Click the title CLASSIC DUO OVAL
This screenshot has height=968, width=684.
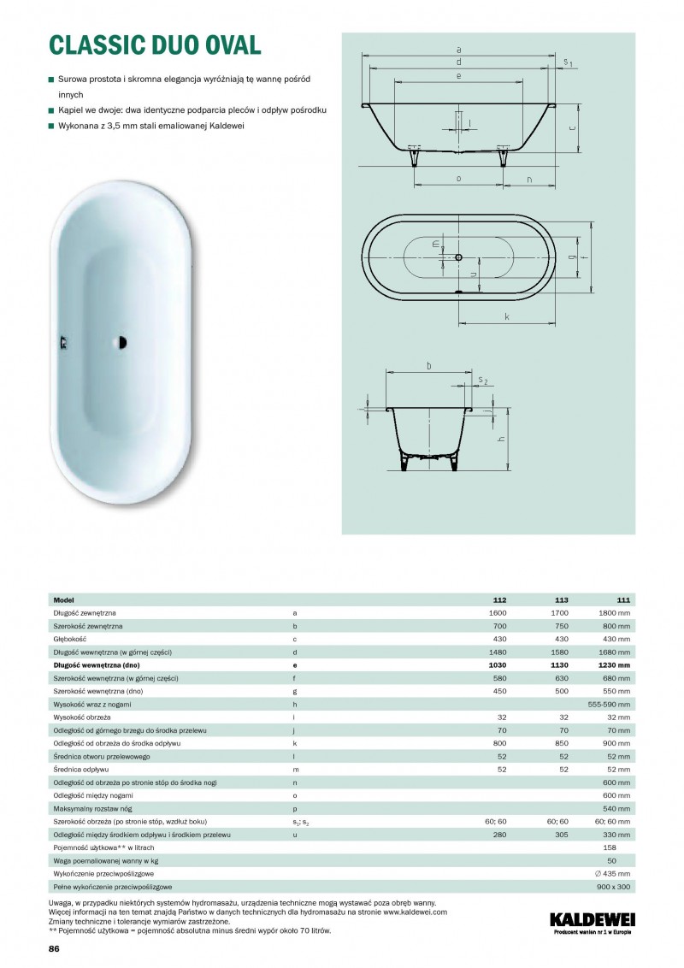[155, 44]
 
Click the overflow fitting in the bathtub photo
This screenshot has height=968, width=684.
[62, 343]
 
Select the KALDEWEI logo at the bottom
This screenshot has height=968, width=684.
[591, 920]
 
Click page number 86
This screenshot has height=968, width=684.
[54, 949]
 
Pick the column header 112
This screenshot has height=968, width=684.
[500, 600]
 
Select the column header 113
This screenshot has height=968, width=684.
[563, 600]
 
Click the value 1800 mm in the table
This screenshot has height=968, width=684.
[615, 613]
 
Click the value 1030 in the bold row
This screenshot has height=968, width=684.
[497, 664]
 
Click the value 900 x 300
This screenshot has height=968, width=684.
[613, 887]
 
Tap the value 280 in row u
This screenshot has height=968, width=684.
[500, 834]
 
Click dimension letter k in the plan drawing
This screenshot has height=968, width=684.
[507, 317]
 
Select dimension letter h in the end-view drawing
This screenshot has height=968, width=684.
[502, 439]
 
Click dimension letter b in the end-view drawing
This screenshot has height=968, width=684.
[428, 365]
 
